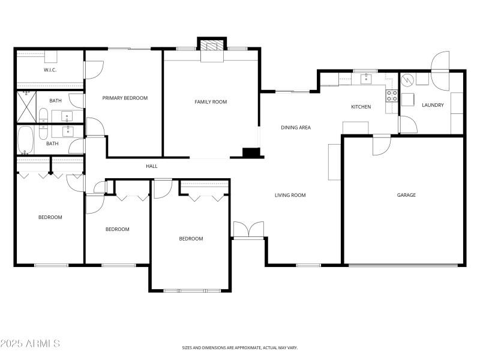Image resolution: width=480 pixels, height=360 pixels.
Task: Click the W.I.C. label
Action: click(x=50, y=70)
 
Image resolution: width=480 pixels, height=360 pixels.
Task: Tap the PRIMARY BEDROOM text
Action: click(x=125, y=98)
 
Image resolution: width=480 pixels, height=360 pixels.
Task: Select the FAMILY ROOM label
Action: click(x=211, y=102)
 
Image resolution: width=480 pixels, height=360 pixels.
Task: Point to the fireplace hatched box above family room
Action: click(x=211, y=45)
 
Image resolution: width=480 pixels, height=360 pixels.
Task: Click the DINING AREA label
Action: click(x=296, y=127)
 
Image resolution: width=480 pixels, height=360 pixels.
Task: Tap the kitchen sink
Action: click(x=365, y=78)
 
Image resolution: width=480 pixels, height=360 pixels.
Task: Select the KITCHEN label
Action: click(x=361, y=107)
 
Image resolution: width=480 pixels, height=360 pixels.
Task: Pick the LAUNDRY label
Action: click(x=433, y=106)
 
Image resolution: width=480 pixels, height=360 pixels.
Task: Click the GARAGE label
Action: click(x=406, y=195)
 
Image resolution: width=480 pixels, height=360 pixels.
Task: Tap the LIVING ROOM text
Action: click(x=290, y=195)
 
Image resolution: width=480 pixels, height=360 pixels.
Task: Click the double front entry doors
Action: click(x=248, y=230)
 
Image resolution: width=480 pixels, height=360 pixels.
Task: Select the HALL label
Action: click(x=152, y=166)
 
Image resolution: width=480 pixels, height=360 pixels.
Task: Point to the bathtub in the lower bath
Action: click(x=26, y=140)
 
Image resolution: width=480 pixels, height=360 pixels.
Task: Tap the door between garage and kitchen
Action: click(x=382, y=145)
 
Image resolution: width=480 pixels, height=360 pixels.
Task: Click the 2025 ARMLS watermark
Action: click(x=30, y=344)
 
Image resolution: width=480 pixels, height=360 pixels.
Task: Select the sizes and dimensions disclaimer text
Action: click(x=240, y=347)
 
